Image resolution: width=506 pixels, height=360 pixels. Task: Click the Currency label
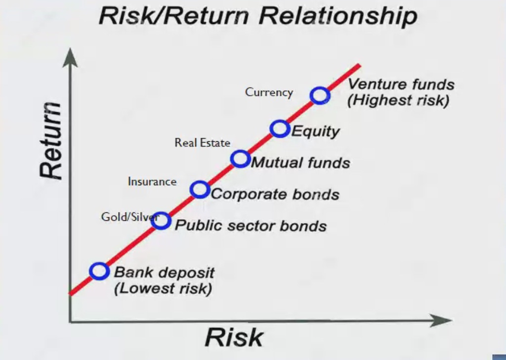pos(269,92)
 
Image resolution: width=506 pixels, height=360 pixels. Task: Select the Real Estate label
pos(202,143)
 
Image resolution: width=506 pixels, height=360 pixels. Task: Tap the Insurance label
pos(152,182)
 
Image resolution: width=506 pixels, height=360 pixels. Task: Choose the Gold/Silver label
pos(130,217)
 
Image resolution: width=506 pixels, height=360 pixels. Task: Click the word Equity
pos(315,132)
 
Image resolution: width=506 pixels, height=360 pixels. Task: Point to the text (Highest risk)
pos(398,100)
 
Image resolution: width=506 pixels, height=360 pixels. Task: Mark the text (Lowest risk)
pos(163,288)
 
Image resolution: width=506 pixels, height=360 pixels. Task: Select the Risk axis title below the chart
pos(234,337)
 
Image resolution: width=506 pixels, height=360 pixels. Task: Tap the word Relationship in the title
pos(338,16)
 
